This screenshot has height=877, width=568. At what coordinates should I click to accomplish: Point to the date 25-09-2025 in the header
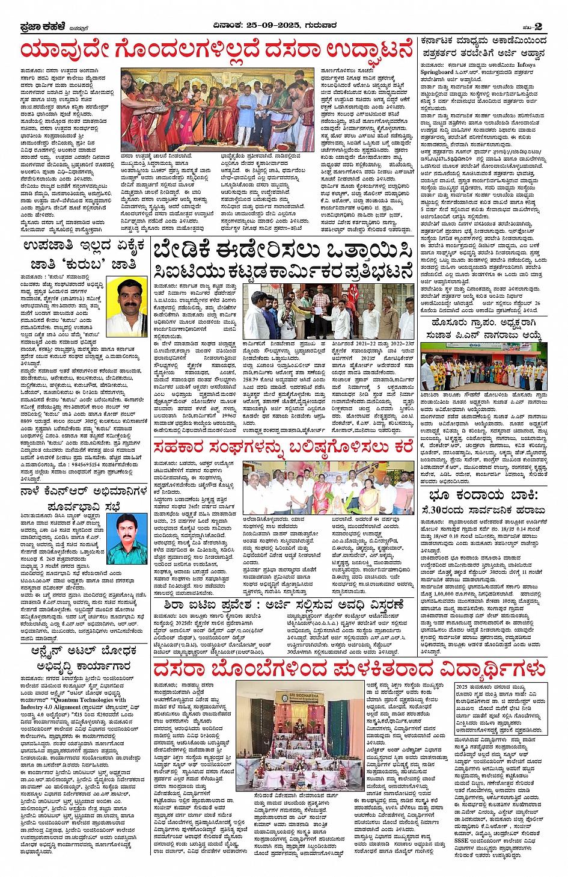270,25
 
